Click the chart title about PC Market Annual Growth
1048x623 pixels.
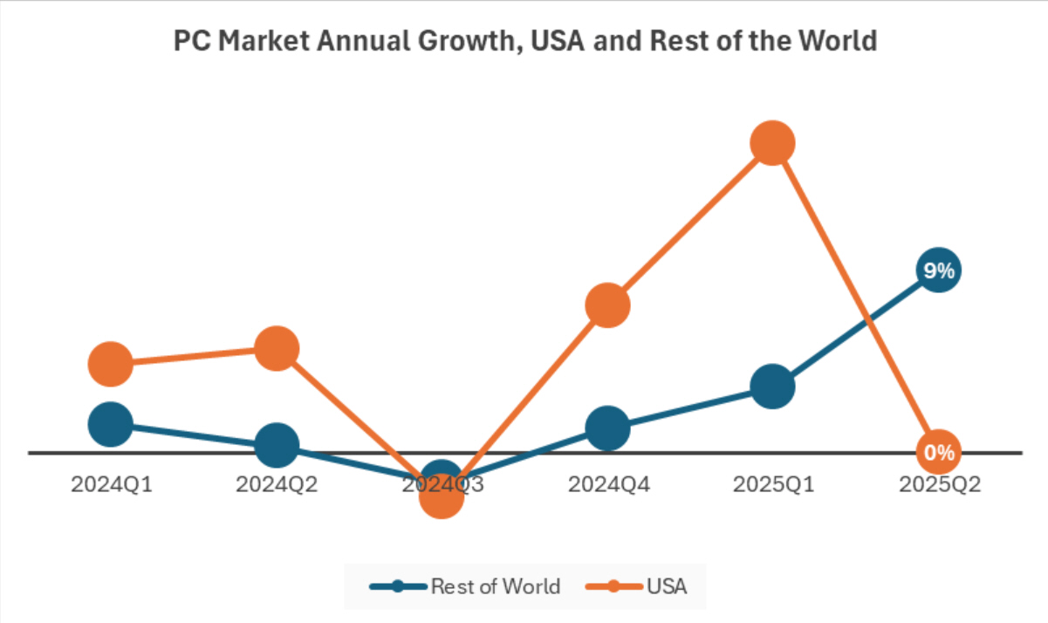click(x=524, y=41)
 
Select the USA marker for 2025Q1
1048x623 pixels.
click(x=772, y=143)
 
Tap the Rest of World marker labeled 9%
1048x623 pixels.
click(x=939, y=270)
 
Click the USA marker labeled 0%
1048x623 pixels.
click(x=939, y=452)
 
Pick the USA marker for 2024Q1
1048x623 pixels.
click(x=111, y=363)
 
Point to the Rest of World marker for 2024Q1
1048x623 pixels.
click(x=111, y=424)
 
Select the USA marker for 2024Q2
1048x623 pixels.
click(x=277, y=349)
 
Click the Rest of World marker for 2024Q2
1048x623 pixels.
click(x=277, y=446)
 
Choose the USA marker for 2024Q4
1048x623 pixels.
click(x=607, y=305)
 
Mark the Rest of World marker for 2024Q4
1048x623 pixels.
click(x=607, y=428)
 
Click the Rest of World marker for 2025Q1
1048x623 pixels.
click(x=772, y=386)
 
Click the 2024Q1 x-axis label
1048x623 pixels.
click(x=111, y=484)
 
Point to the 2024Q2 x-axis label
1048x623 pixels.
click(x=277, y=484)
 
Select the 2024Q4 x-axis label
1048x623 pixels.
click(x=608, y=484)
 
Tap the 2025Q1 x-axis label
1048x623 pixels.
click(x=773, y=484)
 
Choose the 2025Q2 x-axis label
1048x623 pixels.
click(x=939, y=484)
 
